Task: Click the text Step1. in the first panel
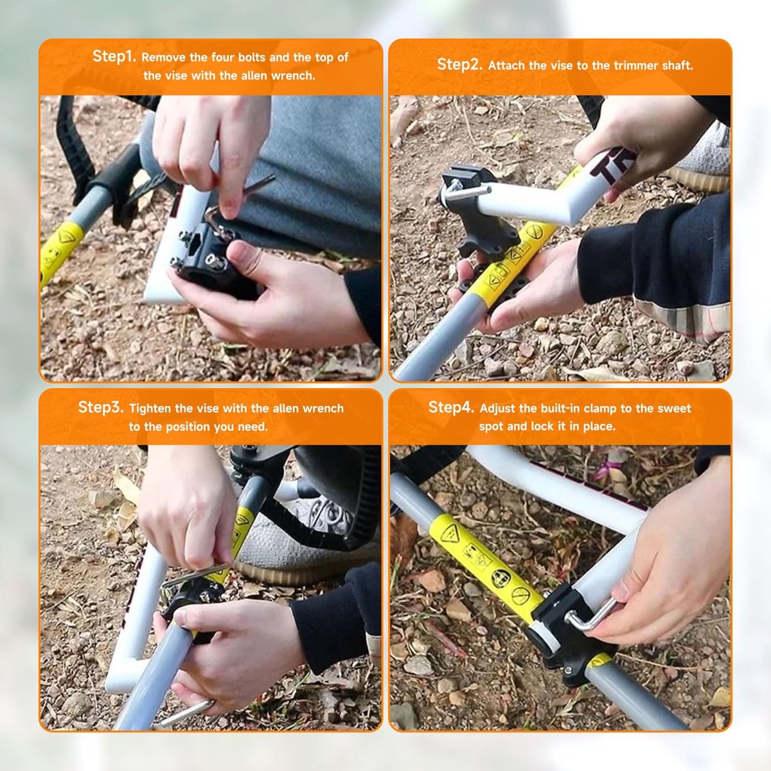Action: tap(114, 57)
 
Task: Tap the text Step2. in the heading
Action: tap(459, 64)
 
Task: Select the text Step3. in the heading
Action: tap(101, 407)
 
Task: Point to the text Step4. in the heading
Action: tap(451, 407)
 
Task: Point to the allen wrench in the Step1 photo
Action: tap(236, 200)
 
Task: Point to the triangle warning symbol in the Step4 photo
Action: tap(449, 534)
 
